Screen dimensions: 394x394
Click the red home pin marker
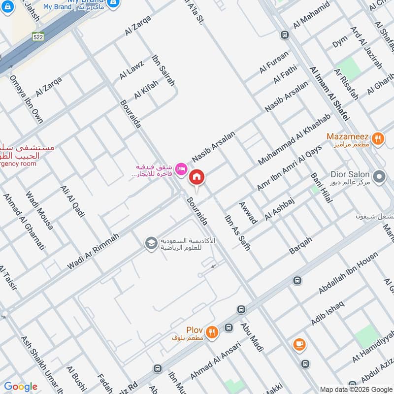(197, 177)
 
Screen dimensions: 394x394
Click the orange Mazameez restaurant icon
(378, 138)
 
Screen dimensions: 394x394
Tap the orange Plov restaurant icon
(212, 332)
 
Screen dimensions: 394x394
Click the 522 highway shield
(37, 37)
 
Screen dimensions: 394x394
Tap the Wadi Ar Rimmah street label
(94, 252)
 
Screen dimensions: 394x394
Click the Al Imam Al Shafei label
(329, 94)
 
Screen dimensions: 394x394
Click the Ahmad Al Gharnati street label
(24, 222)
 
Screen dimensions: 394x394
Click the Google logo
(21, 387)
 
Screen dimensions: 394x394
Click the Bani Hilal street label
(321, 188)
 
